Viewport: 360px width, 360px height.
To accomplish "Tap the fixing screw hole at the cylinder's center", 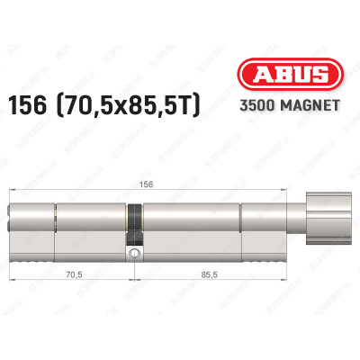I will coord(133,256).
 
